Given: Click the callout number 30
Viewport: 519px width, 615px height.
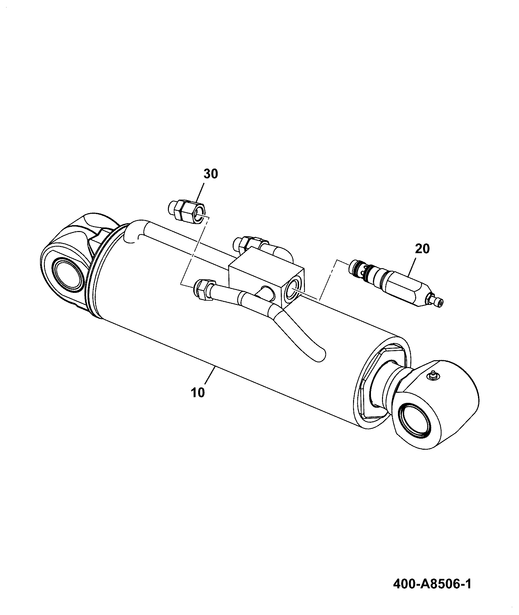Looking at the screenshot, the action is (211, 174).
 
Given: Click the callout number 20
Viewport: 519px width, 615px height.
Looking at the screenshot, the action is (422, 249).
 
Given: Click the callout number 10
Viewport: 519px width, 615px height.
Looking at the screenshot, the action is (198, 392).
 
